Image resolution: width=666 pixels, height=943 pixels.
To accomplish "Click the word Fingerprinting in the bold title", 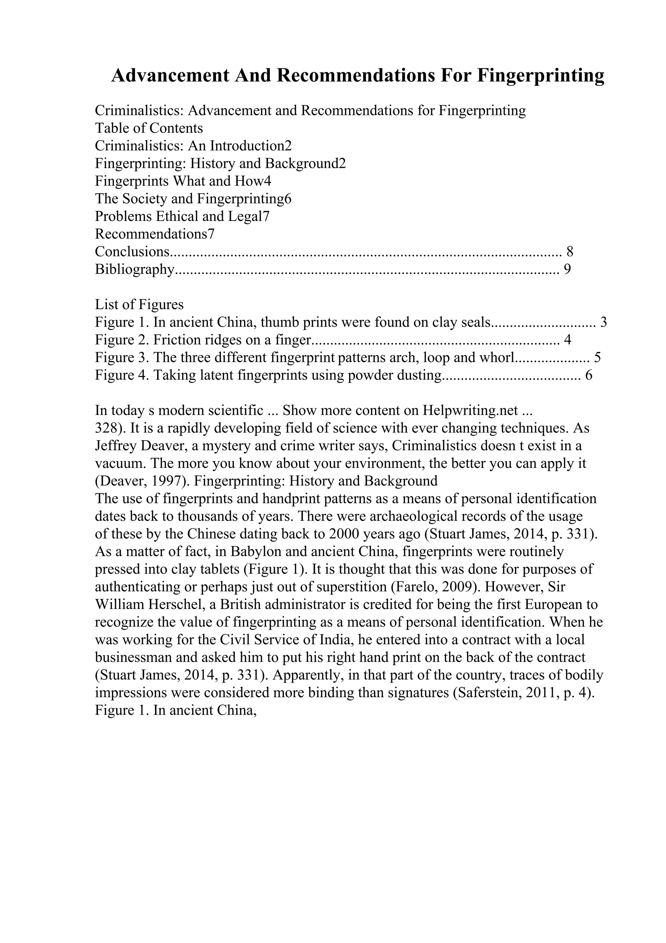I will [x=540, y=76].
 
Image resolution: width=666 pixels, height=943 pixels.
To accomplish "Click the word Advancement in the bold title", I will [x=170, y=76].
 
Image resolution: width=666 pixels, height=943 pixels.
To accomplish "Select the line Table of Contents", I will [x=149, y=128].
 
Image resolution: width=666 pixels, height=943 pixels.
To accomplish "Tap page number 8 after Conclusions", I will [x=569, y=251].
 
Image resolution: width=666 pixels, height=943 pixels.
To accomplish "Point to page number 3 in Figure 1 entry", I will [x=603, y=322].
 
